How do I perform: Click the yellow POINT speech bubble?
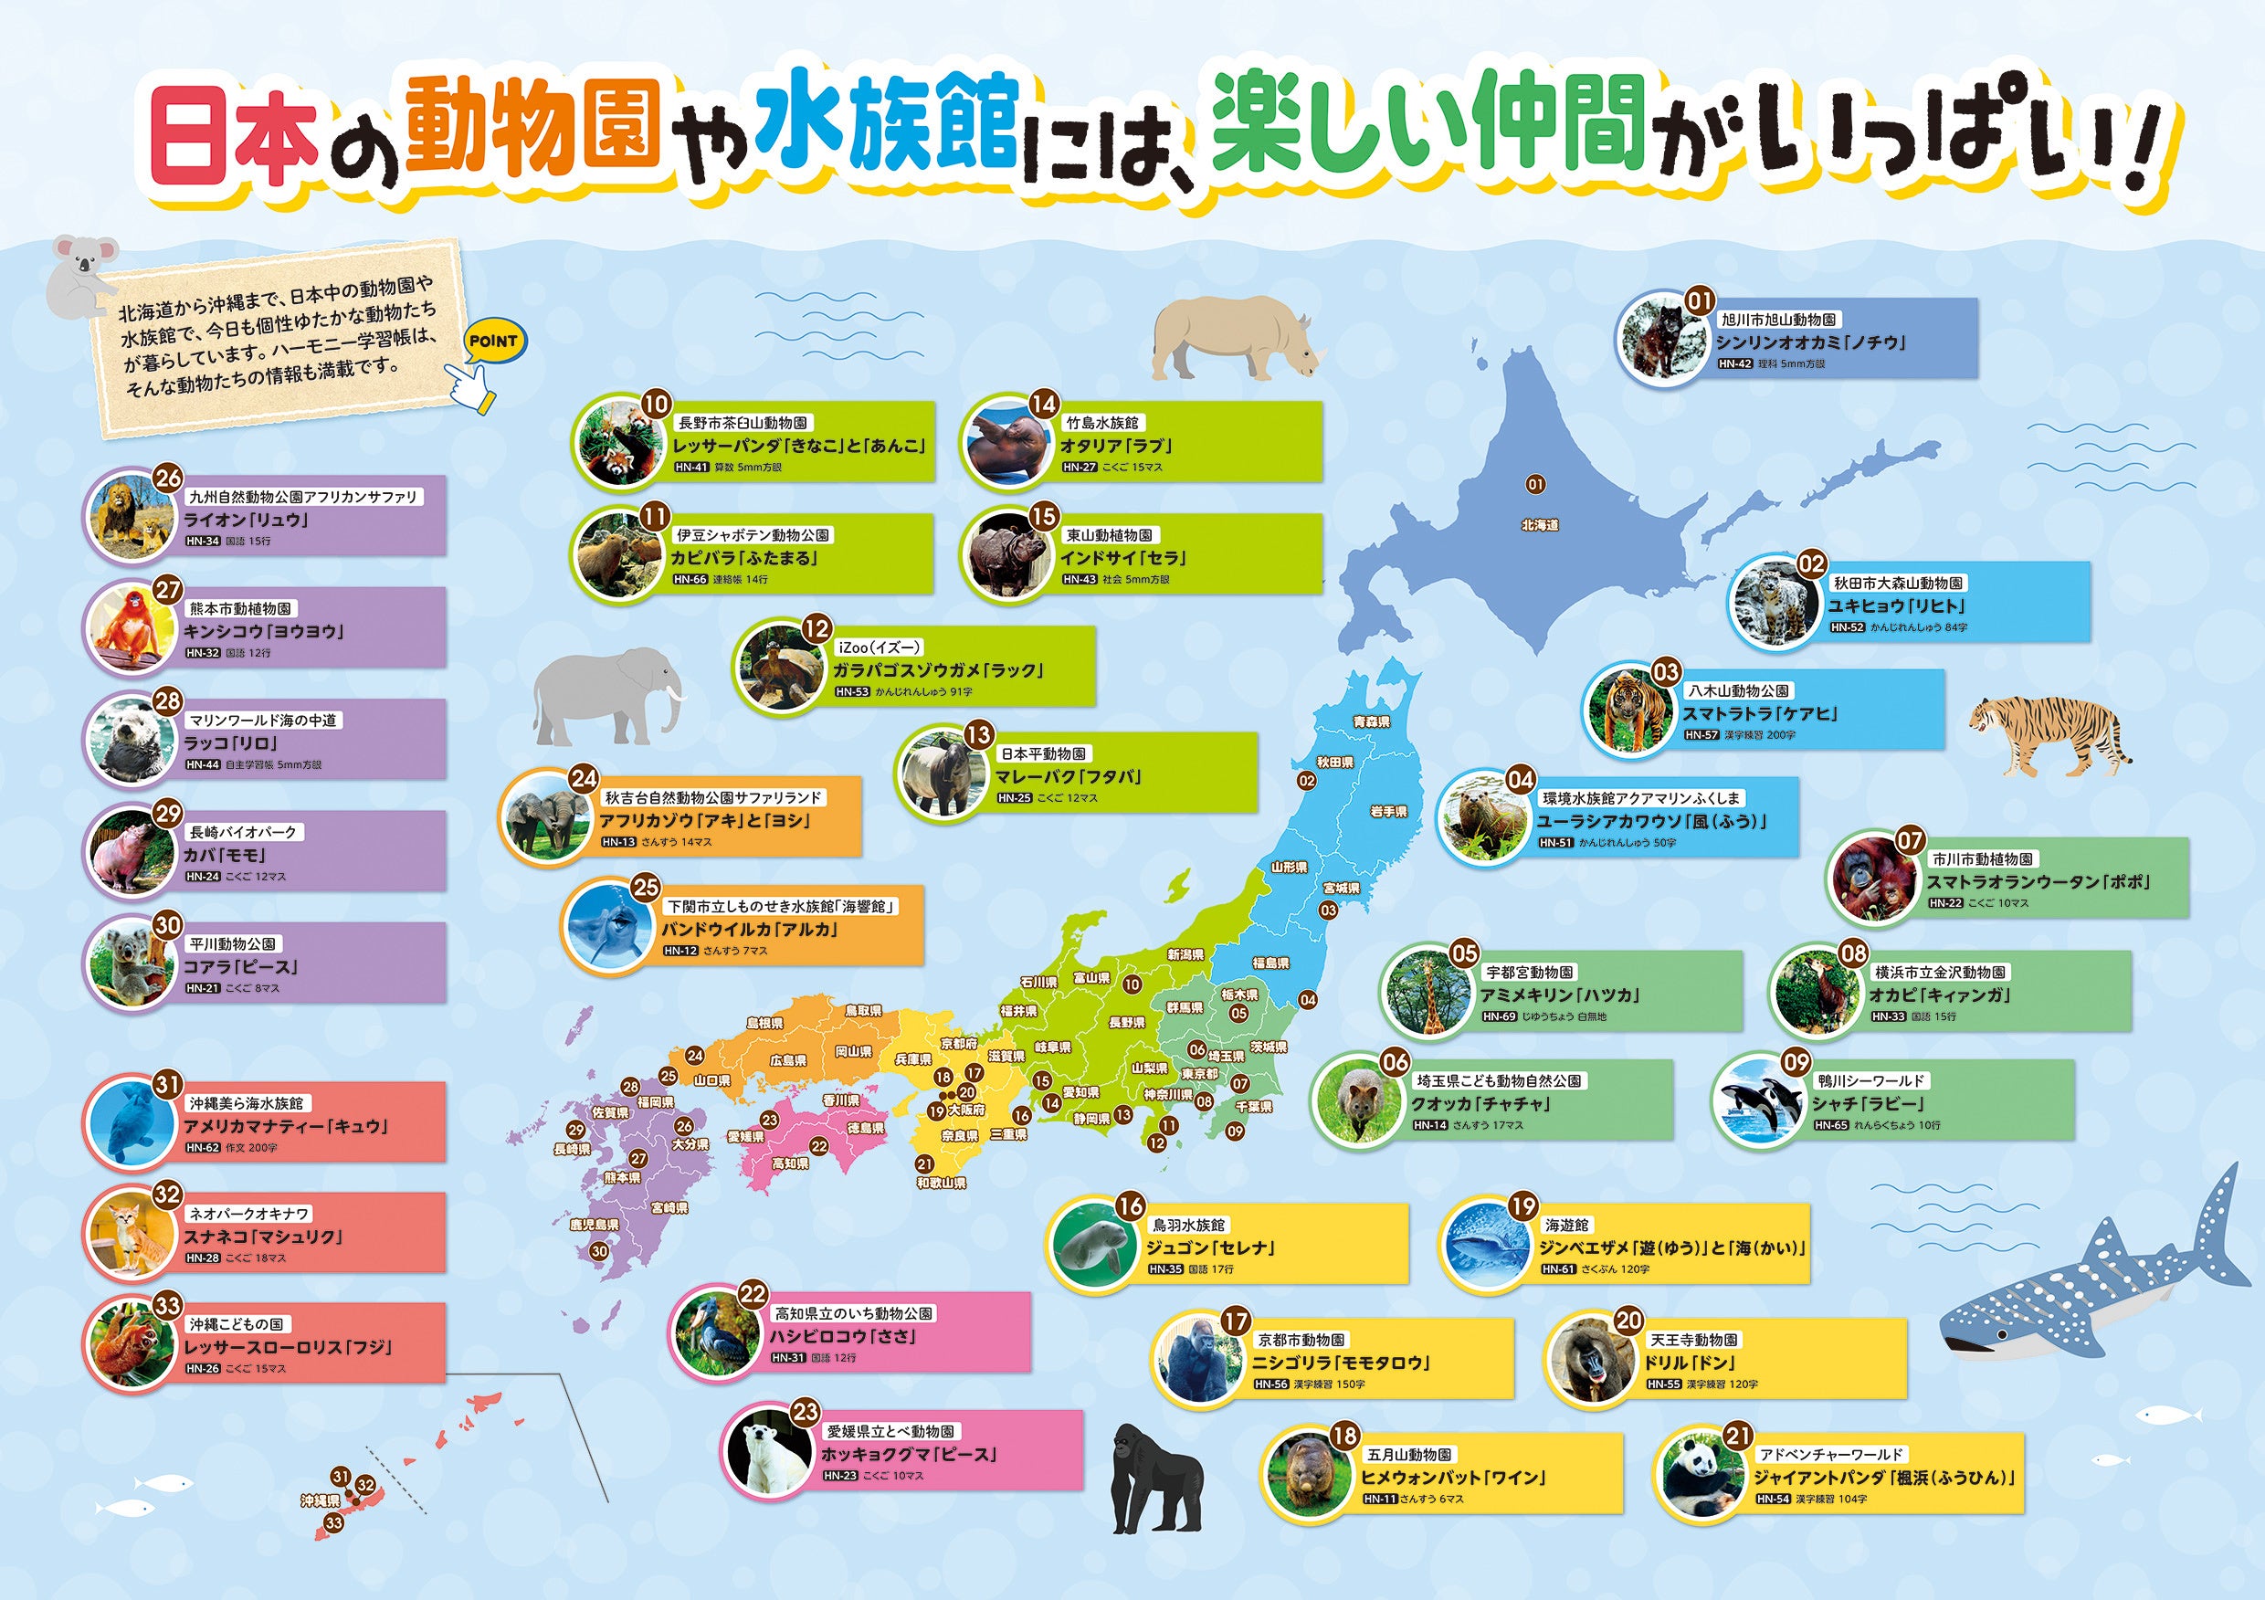[x=493, y=342]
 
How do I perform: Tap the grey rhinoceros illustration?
[x=1234, y=338]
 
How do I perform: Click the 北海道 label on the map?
[x=1539, y=526]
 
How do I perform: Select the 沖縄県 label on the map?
[x=321, y=1500]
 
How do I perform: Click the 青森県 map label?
[x=1371, y=722]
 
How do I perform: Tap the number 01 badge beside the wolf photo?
[x=1700, y=300]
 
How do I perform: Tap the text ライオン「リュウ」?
[x=247, y=520]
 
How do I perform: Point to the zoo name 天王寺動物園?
[x=1694, y=1340]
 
